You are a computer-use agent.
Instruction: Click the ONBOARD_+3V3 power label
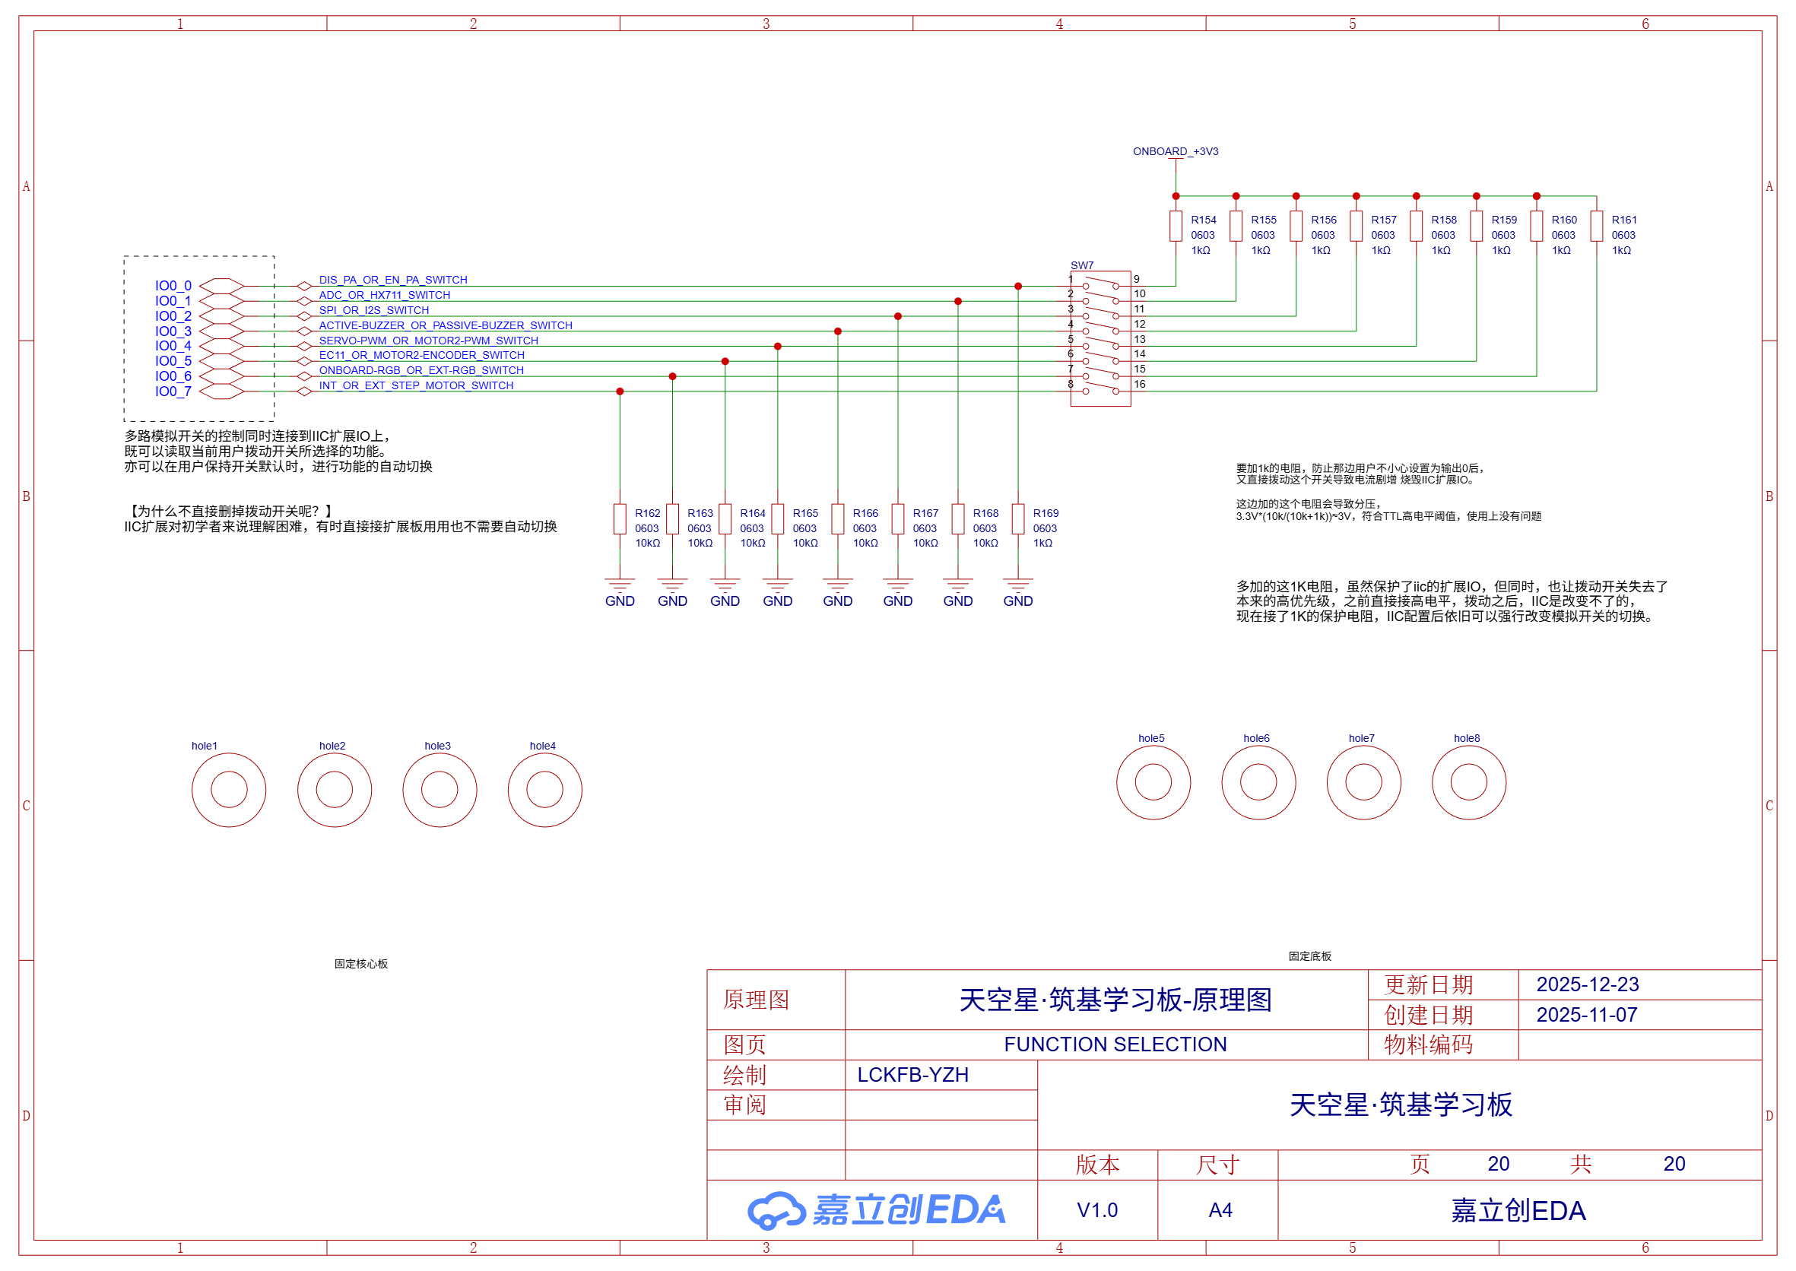click(x=1175, y=151)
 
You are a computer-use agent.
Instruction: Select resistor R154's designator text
click(x=1204, y=220)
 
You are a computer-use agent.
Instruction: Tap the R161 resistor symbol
click(x=1596, y=227)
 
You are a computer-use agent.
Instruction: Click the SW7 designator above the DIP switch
click(x=1082, y=265)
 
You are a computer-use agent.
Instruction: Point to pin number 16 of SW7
click(x=1139, y=385)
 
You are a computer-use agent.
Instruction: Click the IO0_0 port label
click(x=173, y=286)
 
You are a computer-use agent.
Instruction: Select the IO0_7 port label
click(x=173, y=391)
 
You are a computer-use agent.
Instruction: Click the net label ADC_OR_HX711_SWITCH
click(x=385, y=295)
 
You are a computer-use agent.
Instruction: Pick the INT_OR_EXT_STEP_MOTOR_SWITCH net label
click(x=416, y=385)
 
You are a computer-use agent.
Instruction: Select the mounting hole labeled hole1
click(x=229, y=789)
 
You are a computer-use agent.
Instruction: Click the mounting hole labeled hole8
click(x=1469, y=782)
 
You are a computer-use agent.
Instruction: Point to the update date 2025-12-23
click(x=1587, y=984)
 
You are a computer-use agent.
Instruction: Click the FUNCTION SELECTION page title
click(x=1115, y=1044)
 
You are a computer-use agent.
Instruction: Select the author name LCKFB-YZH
click(x=913, y=1075)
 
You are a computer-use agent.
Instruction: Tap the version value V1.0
click(x=1097, y=1210)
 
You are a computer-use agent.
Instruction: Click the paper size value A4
click(x=1220, y=1210)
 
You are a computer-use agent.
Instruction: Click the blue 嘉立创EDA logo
click(x=876, y=1210)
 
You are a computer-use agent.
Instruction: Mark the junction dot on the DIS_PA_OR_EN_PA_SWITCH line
click(x=1018, y=287)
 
